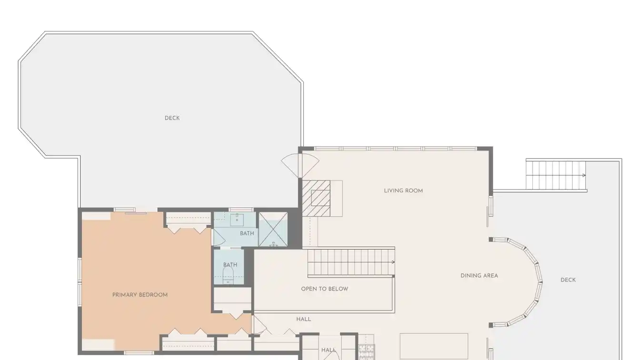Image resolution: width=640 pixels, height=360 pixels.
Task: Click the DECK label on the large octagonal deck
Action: coord(172,118)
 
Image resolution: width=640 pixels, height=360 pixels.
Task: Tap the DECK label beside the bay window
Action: coord(568,280)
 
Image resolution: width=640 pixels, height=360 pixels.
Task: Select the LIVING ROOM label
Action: coord(403,190)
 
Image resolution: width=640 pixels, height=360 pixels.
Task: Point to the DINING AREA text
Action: coord(479,276)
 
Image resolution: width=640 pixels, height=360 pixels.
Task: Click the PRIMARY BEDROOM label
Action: coord(140,295)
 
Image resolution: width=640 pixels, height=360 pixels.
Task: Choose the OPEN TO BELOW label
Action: coord(325,289)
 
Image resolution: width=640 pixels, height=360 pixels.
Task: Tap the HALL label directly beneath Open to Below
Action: coord(303,319)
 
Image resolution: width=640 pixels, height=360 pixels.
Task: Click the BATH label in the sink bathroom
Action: coord(247,233)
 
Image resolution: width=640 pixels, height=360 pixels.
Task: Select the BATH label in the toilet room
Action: coord(230,265)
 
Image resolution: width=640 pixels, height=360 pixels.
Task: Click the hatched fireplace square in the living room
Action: coord(316,198)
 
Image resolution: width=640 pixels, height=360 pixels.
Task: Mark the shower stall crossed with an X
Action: coord(273,229)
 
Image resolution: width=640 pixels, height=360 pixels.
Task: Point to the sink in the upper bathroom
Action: coord(237,220)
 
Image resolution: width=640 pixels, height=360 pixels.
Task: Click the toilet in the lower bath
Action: coord(228,275)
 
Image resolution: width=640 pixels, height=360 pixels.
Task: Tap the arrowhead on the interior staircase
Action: coord(393,262)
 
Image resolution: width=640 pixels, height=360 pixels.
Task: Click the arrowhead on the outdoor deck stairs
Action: coord(584,175)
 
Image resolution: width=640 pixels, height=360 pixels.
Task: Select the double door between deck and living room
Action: coord(300,166)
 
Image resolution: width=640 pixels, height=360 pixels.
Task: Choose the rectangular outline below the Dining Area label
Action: coord(434,346)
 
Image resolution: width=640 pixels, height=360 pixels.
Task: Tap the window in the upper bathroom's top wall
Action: coord(241,210)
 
